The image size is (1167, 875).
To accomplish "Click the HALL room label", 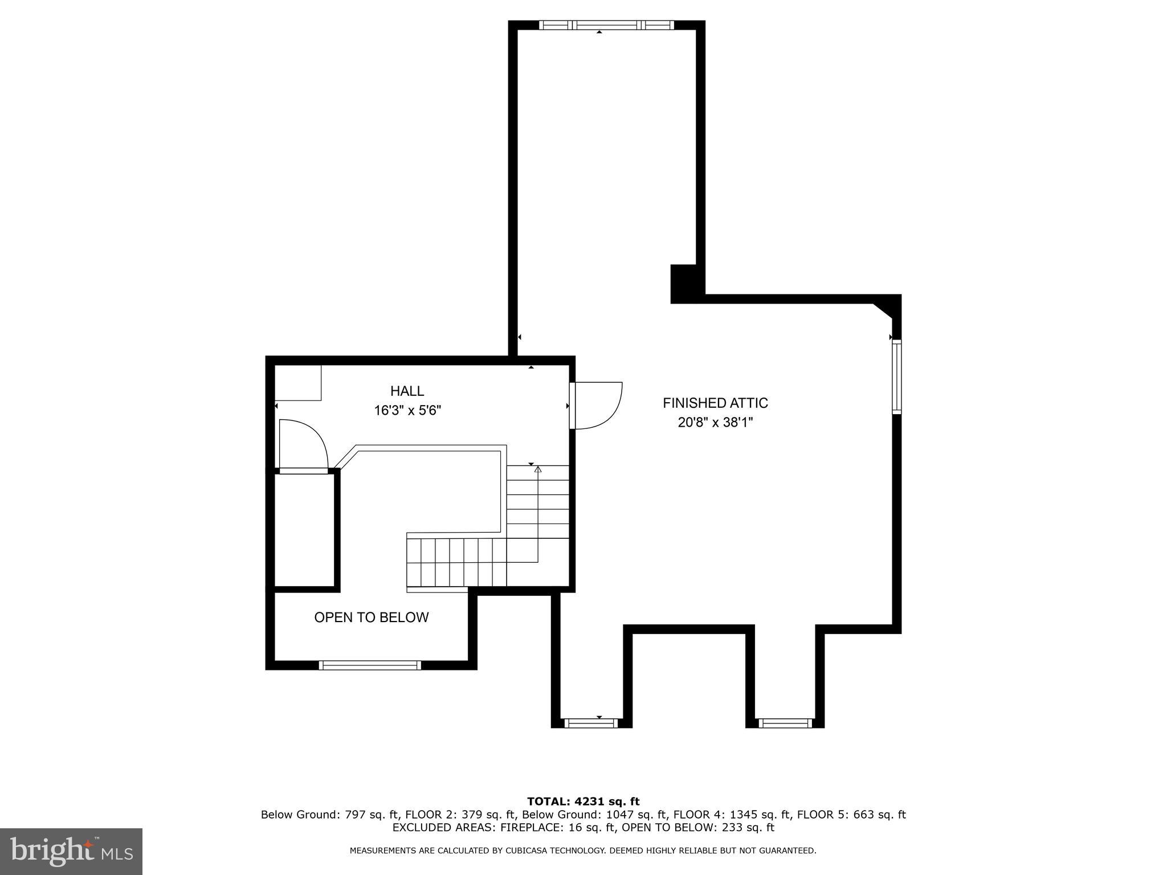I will tap(407, 391).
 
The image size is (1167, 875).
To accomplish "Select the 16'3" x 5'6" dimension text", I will tap(407, 410).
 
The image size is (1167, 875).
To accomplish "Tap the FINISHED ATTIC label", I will tap(715, 403).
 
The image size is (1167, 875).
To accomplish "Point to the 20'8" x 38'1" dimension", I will tap(715, 422).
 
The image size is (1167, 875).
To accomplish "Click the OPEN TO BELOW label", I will tap(371, 617).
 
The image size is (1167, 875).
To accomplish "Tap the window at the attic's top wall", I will tap(606, 25).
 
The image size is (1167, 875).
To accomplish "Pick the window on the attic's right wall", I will tap(896, 376).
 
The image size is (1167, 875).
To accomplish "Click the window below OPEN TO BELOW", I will tap(370, 665).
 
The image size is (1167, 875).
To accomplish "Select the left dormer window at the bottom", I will tap(591, 723).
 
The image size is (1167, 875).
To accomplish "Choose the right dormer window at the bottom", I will tap(785, 723).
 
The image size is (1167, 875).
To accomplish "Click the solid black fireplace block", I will tap(684, 283).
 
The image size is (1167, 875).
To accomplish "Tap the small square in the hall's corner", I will tap(298, 383).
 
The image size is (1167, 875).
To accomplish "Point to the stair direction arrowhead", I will tap(537, 469).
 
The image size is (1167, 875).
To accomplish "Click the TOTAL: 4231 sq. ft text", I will tap(583, 802).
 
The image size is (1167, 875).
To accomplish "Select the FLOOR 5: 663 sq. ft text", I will tap(851, 815).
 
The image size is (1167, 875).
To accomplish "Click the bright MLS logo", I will tap(71, 852).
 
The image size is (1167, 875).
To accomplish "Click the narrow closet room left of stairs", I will tap(304, 530).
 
